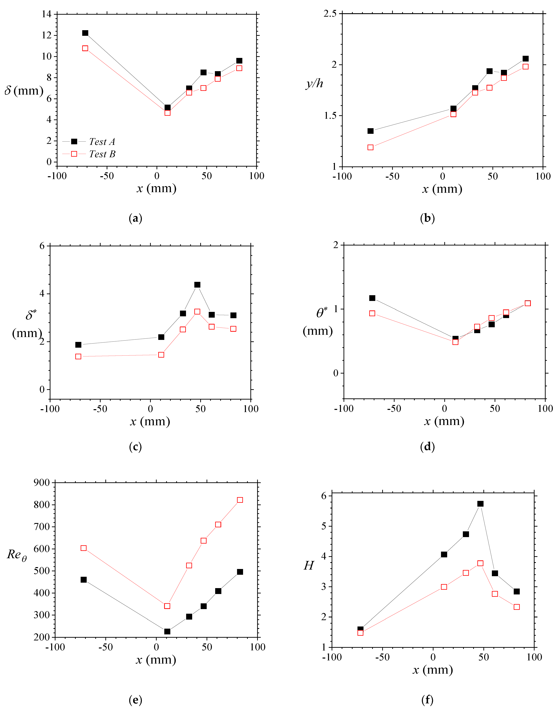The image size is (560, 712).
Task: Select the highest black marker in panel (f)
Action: [x=480, y=503]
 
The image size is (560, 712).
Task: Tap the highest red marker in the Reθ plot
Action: [x=240, y=500]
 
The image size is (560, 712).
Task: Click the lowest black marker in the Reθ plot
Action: [x=167, y=631]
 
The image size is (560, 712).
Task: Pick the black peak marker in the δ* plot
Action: [x=197, y=285]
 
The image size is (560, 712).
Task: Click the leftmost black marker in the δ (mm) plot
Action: [x=85, y=33]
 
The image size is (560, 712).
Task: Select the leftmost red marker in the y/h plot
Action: [x=371, y=147]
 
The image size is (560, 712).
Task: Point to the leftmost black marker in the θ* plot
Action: [x=372, y=298]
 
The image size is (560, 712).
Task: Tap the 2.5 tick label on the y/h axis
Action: [x=330, y=14]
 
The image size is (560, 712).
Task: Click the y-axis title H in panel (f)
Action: [x=309, y=565]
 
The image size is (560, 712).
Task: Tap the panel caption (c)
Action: [x=135, y=447]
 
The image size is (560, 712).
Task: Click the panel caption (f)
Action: [x=427, y=700]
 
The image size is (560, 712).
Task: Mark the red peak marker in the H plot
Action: [x=480, y=563]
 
